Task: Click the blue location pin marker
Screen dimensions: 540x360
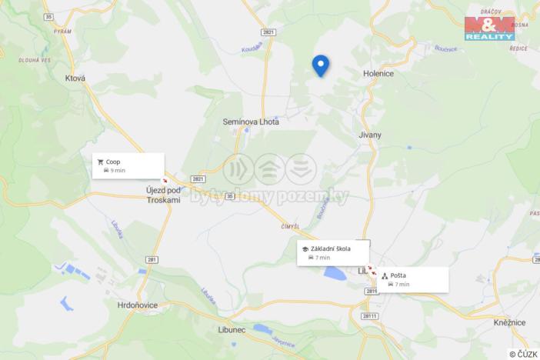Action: (x=320, y=65)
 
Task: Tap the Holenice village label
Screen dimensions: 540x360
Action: (x=378, y=74)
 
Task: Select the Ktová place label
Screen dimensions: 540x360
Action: (x=75, y=78)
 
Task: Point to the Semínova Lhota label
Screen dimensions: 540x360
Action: (x=250, y=122)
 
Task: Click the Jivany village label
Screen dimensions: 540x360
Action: (x=369, y=135)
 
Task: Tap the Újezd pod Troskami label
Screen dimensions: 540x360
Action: (x=162, y=194)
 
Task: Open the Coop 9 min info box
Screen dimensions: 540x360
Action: (x=128, y=165)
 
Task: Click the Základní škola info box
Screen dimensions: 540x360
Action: (x=332, y=253)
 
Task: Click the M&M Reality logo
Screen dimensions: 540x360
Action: (x=489, y=28)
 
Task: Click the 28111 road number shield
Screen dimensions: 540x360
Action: (x=370, y=315)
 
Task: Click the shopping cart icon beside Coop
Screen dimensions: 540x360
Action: (x=100, y=162)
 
